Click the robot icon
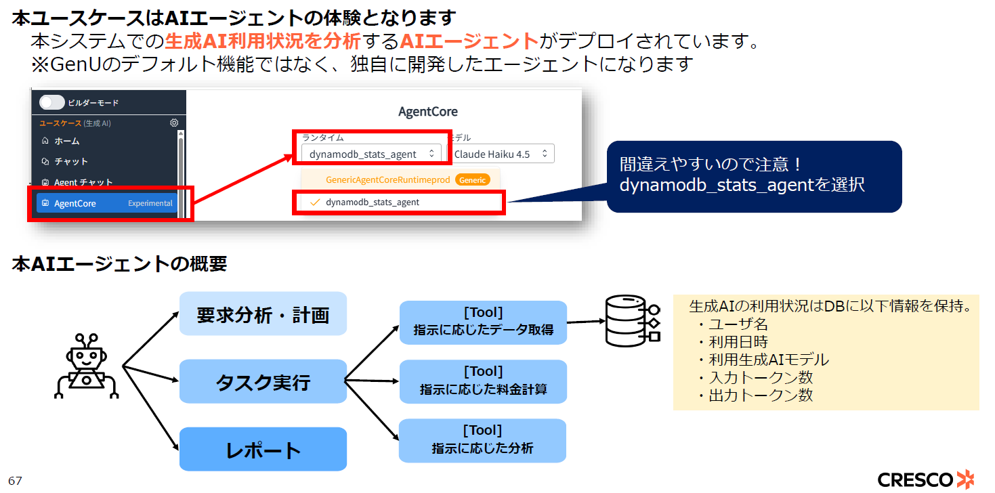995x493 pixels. tap(87, 366)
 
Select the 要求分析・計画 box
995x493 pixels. tap(263, 314)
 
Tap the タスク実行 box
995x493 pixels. tap(263, 381)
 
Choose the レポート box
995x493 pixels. tap(263, 450)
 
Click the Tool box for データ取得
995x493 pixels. tap(482, 322)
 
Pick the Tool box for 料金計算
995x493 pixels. tap(482, 381)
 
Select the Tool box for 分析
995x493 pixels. tap(482, 440)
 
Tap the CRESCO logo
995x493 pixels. tap(925, 479)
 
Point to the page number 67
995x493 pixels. tap(15, 481)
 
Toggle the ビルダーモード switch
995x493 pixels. tap(52, 102)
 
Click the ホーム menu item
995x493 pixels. tap(66, 141)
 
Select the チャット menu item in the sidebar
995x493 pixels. tap(70, 161)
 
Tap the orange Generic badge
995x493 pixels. tap(472, 179)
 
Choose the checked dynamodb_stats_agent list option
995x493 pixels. tap(372, 202)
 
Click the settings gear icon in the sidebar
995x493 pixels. tap(174, 123)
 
